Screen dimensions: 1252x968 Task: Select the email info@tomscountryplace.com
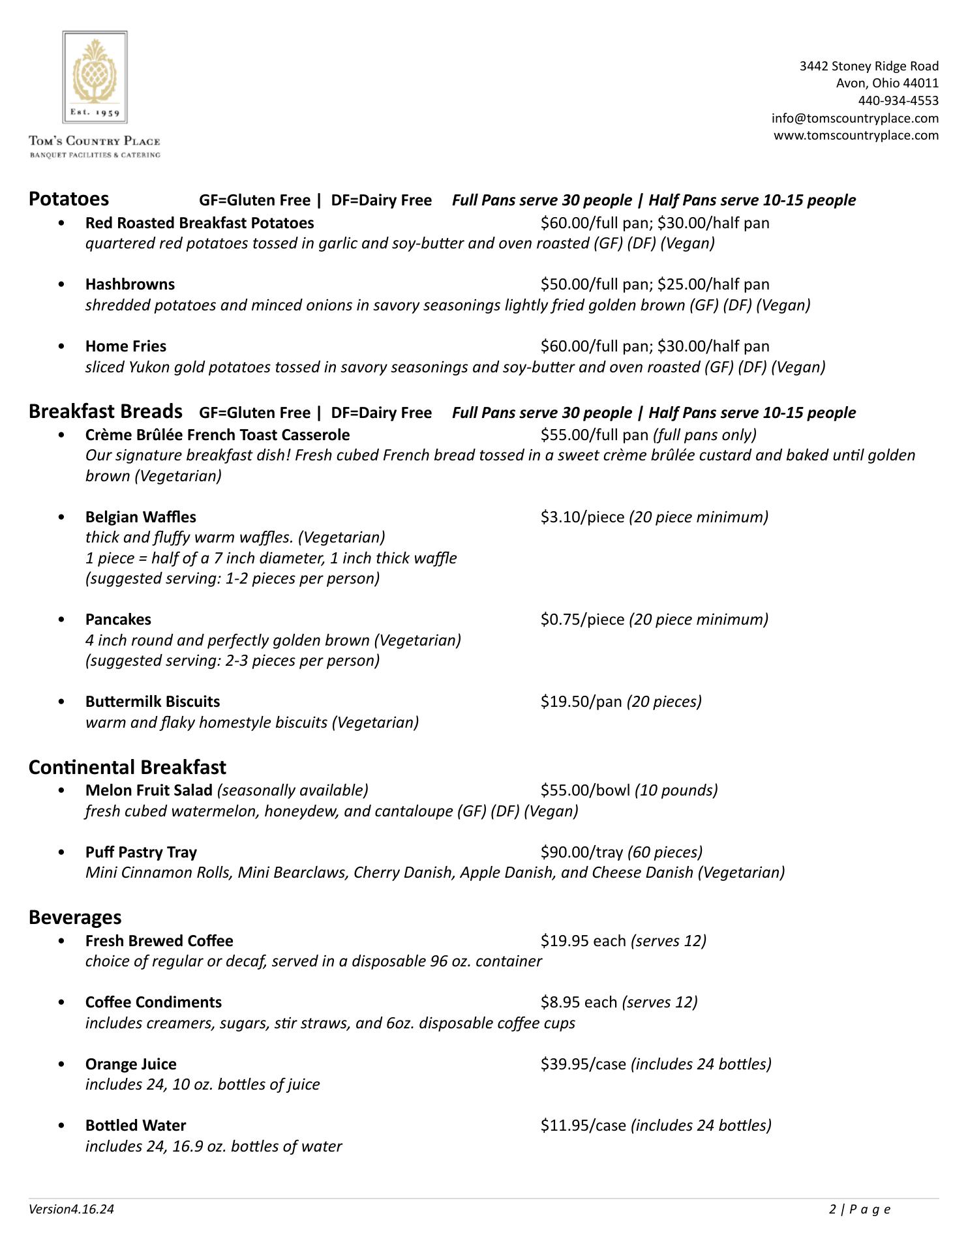tap(855, 118)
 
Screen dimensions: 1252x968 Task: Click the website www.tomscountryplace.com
tap(856, 135)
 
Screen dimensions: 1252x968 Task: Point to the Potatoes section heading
tap(68, 199)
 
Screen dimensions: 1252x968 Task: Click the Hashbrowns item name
tap(130, 284)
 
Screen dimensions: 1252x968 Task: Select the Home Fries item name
tap(125, 346)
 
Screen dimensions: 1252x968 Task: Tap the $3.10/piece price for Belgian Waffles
tap(582, 517)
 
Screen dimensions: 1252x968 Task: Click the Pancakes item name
tap(118, 619)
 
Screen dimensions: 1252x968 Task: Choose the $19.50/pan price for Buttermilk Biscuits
tap(581, 702)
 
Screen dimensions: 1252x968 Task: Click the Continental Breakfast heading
tap(127, 767)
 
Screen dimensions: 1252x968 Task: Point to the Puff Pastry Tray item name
tap(141, 852)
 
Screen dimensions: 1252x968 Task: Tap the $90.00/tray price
tap(581, 852)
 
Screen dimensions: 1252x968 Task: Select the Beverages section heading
tap(75, 917)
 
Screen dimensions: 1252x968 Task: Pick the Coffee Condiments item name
tap(153, 1002)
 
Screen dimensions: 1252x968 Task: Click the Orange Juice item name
tap(130, 1064)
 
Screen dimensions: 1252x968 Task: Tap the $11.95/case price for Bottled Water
tap(582, 1125)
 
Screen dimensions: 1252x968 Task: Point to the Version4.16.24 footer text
tap(71, 1210)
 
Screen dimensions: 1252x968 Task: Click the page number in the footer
tap(859, 1210)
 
